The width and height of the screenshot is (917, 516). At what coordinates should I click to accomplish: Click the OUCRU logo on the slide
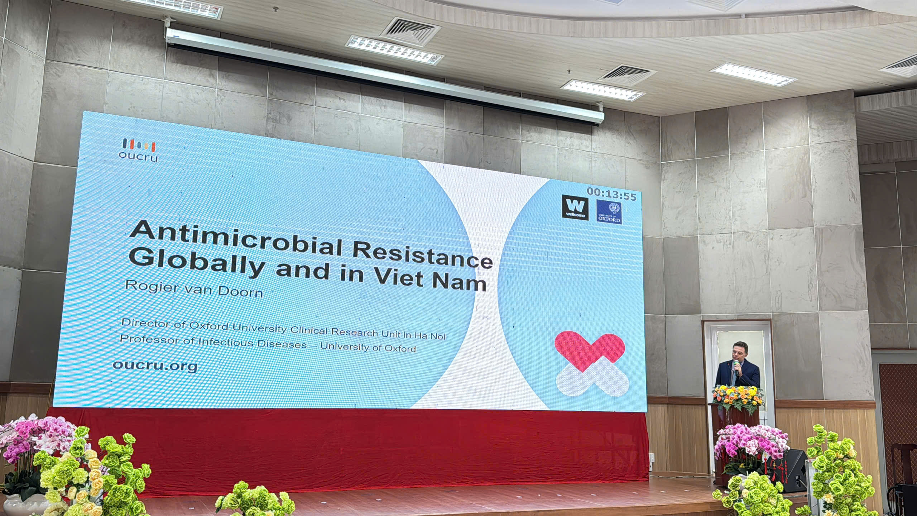[x=139, y=150]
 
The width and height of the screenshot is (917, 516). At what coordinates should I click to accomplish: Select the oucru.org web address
[x=155, y=365]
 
